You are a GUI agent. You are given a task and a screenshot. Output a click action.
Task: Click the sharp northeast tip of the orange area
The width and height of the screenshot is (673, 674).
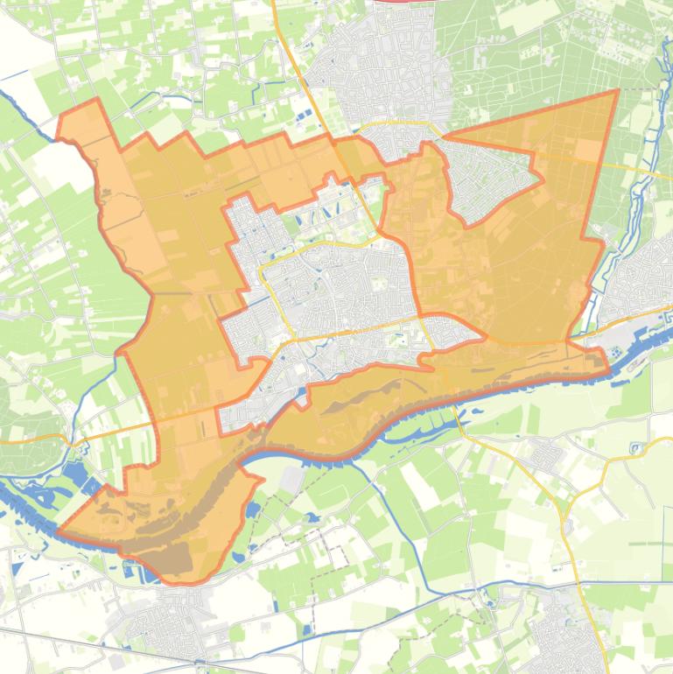coord(617,91)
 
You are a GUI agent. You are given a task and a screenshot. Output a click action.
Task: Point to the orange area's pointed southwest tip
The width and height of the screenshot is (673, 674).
coord(60,530)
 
